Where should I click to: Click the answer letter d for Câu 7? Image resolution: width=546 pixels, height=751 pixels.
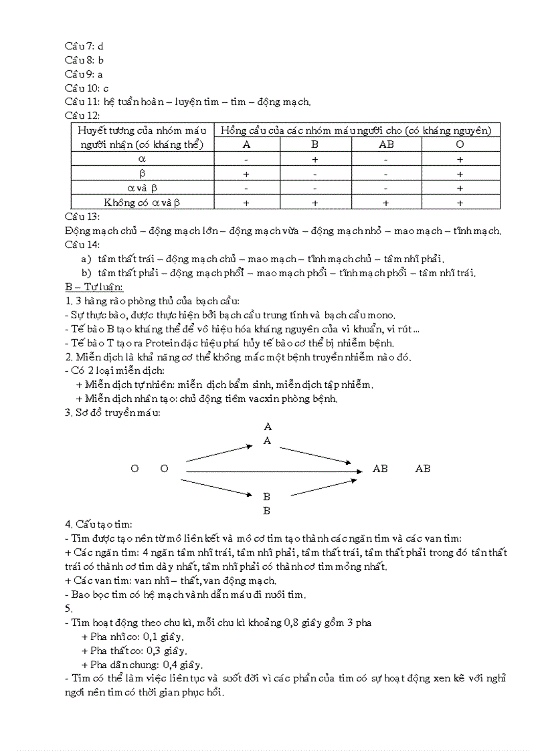pyautogui.click(x=100, y=46)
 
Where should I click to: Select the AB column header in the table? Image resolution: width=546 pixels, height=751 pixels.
pyautogui.click(x=386, y=144)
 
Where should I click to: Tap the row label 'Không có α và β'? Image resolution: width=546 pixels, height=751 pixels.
pyautogui.click(x=142, y=202)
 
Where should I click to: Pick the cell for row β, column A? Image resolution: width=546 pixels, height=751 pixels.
pyautogui.click(x=246, y=174)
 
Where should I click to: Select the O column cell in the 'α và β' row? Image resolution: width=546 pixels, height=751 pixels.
pyautogui.click(x=460, y=188)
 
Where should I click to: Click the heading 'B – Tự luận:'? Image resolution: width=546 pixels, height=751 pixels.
pyautogui.click(x=94, y=287)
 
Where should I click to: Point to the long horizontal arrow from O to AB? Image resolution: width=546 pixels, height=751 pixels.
pyautogui.click(x=274, y=471)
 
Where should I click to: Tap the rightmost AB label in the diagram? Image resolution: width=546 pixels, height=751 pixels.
pyautogui.click(x=423, y=469)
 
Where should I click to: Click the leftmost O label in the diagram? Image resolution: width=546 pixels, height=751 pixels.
pyautogui.click(x=134, y=469)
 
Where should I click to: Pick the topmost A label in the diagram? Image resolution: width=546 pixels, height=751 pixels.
pyautogui.click(x=268, y=426)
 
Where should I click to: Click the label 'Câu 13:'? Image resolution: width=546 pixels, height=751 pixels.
pyautogui.click(x=82, y=217)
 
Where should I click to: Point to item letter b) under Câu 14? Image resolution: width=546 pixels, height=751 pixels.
pyautogui.click(x=86, y=273)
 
